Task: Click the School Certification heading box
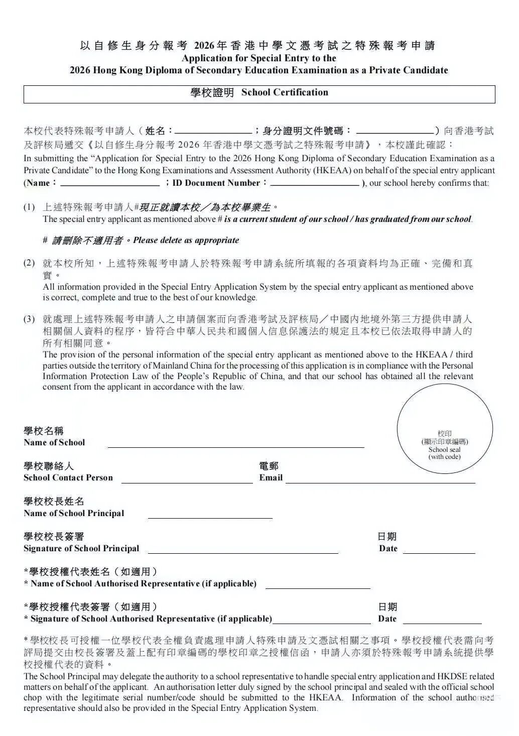259,94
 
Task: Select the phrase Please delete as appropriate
186,240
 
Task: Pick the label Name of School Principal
74,514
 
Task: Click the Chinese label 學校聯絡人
49,466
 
